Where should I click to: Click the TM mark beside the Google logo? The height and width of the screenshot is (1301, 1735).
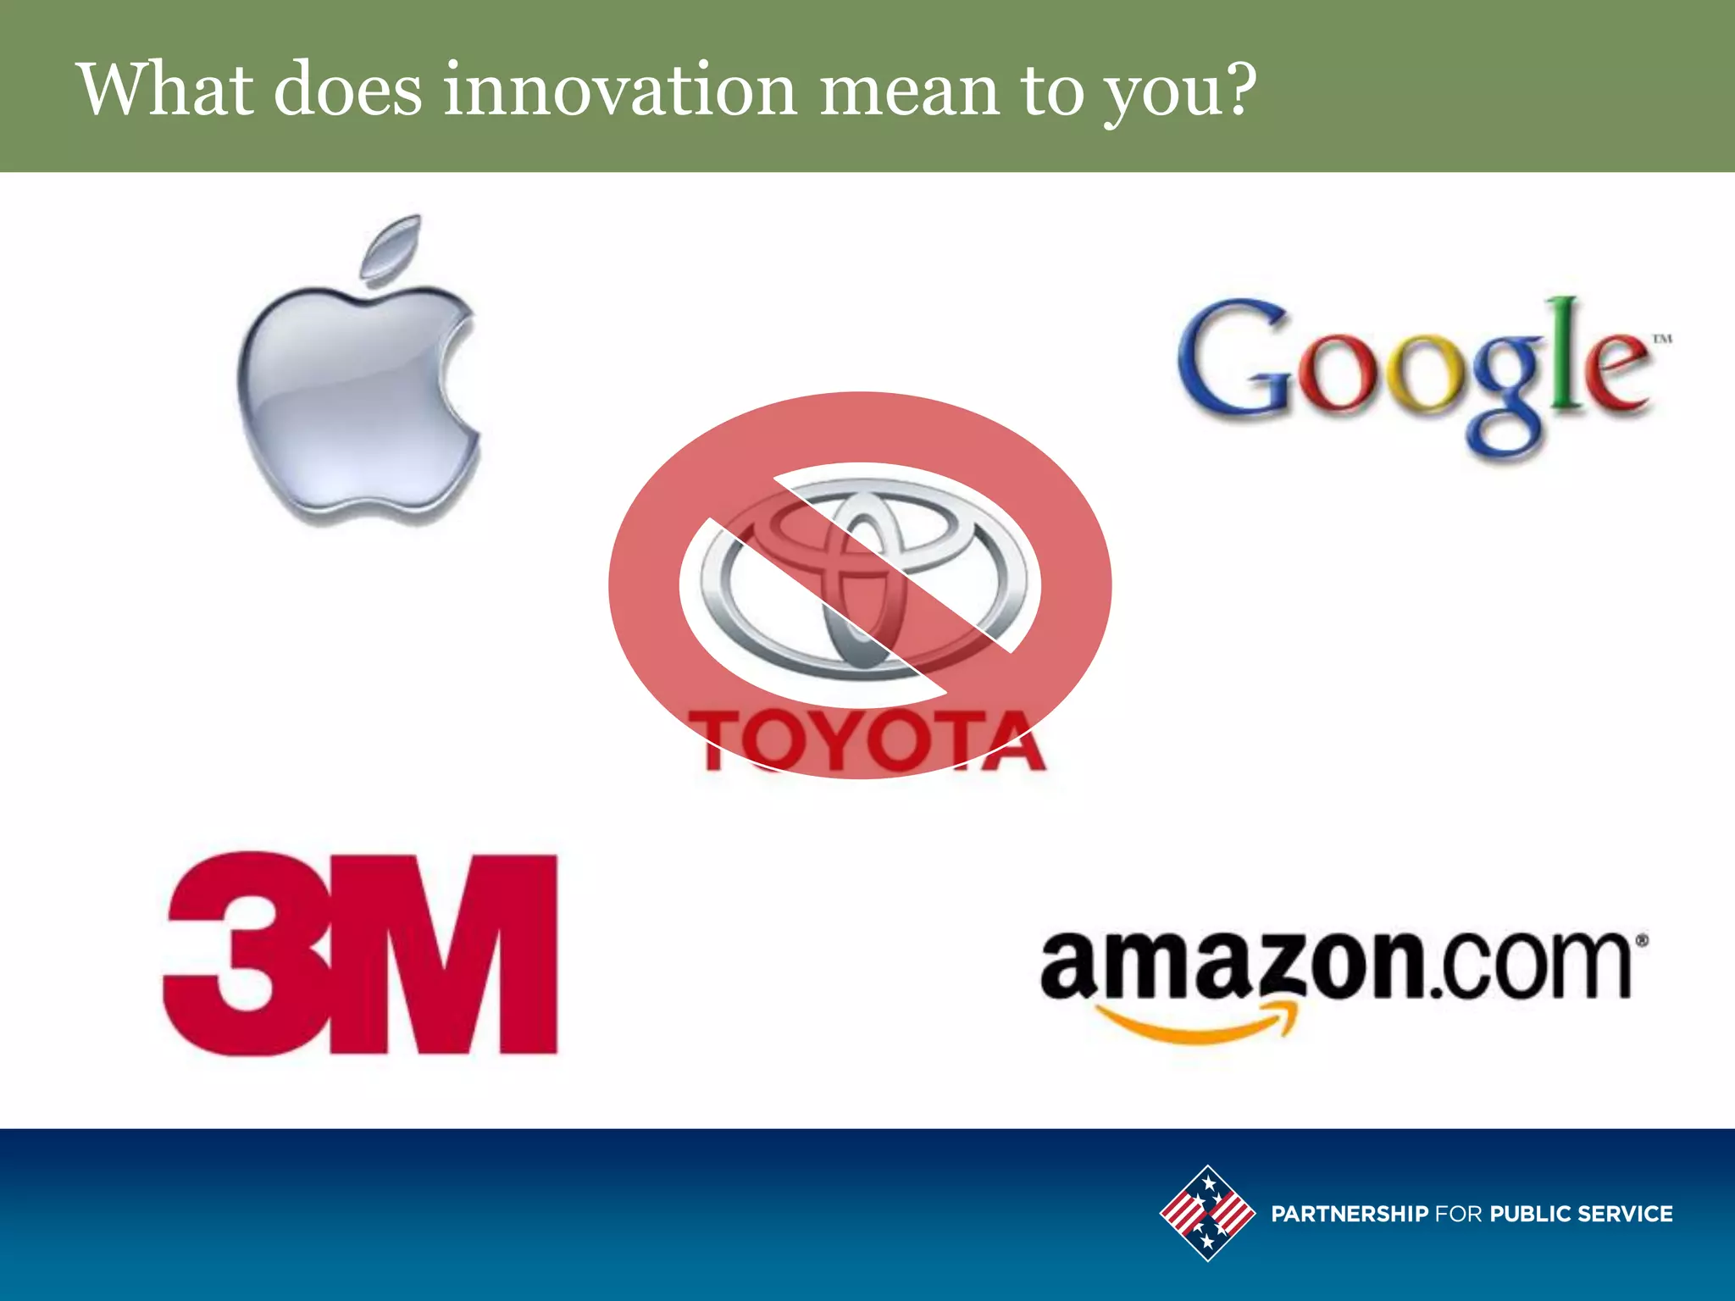1662,339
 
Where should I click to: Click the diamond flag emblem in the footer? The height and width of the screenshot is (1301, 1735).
1207,1213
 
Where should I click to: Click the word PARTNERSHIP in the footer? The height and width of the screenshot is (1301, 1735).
1350,1214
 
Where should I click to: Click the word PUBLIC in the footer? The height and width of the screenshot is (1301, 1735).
1529,1214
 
